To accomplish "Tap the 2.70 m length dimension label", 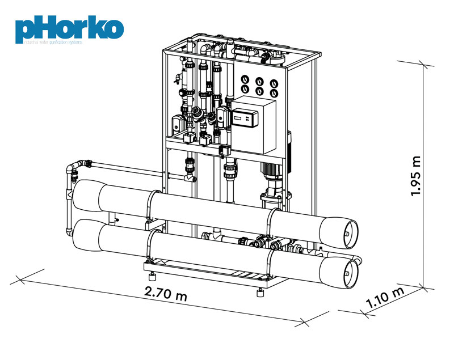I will point(165,294).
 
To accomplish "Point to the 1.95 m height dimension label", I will point(417,175).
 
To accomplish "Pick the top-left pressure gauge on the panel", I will point(246,79).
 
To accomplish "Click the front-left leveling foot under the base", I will point(152,277).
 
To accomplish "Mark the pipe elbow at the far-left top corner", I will point(71,168).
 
